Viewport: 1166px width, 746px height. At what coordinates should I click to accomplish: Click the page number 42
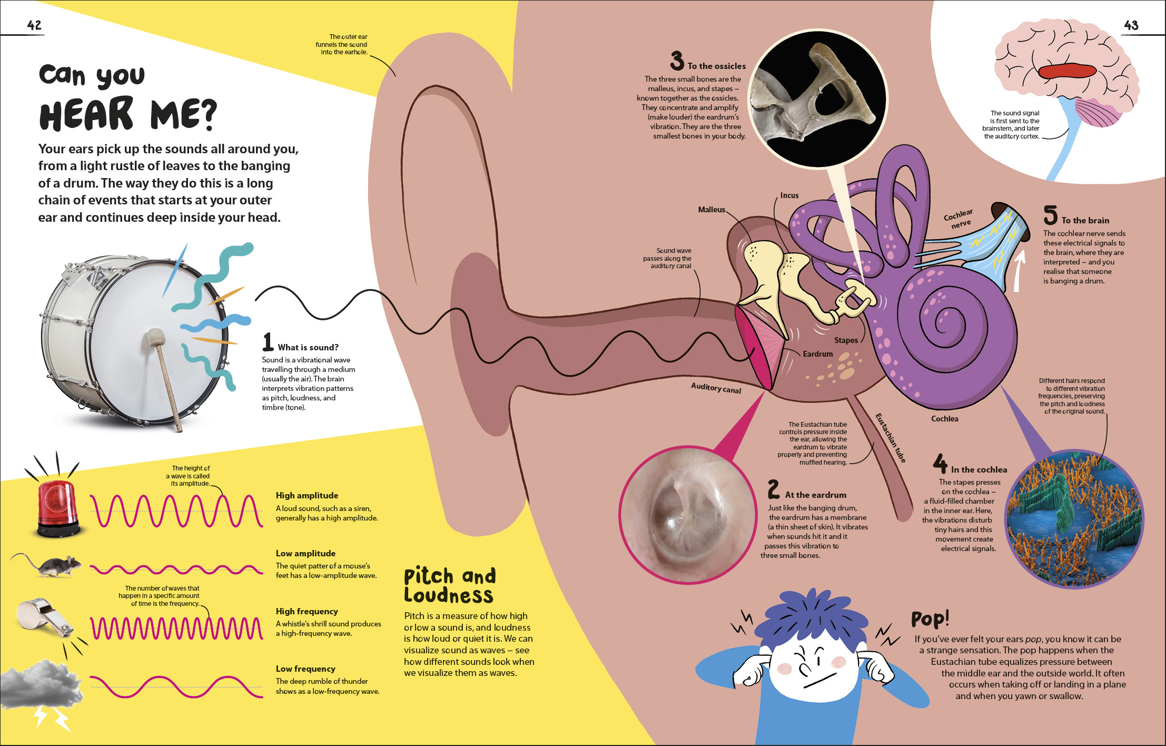34,25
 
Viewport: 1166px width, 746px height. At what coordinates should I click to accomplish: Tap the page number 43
1131,25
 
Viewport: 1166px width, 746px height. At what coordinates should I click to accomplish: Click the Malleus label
712,210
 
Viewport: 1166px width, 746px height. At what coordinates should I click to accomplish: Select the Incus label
789,195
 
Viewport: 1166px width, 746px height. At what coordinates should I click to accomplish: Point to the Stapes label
846,340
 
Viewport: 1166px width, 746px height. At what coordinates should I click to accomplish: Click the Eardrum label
818,354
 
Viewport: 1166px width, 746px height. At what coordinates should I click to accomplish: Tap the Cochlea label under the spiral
945,419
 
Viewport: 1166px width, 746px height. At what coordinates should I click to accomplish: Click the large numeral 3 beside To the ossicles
677,61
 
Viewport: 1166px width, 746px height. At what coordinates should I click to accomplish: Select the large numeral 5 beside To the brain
1050,215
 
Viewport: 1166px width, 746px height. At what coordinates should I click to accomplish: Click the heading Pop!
930,619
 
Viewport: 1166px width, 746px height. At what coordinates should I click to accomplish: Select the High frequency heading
307,611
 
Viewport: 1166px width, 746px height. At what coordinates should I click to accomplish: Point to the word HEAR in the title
86,114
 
